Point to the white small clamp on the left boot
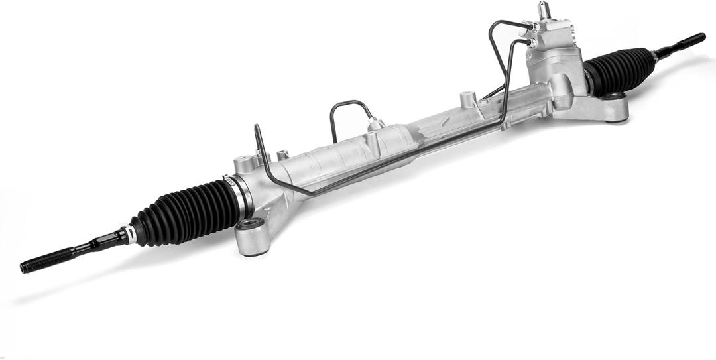[133, 233]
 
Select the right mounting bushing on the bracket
[613, 97]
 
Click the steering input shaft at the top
[544, 10]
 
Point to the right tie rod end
[683, 42]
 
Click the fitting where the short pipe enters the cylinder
[376, 124]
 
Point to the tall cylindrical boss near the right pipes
[469, 100]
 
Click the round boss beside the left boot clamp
[243, 163]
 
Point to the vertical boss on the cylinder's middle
[373, 143]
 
